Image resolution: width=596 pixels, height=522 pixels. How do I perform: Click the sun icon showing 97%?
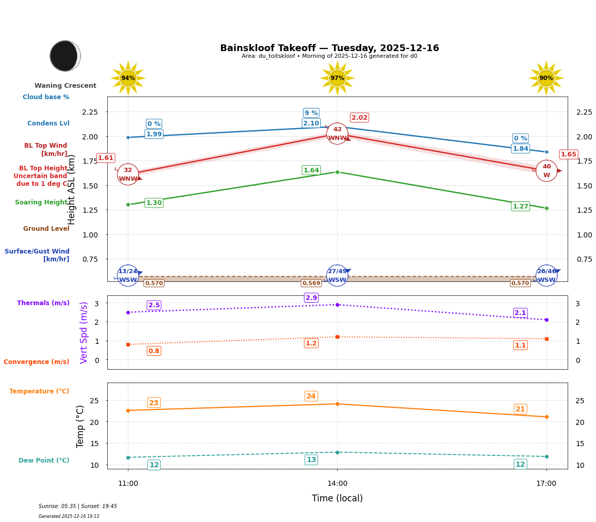337,78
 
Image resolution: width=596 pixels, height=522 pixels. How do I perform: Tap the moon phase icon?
65,56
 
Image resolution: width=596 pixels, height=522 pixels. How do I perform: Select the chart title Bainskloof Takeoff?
329,48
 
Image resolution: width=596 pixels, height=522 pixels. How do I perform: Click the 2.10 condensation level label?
311,123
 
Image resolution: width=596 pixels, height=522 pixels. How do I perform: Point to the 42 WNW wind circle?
337,134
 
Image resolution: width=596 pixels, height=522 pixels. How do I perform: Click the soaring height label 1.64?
311,170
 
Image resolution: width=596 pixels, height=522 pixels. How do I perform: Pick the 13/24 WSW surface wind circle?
128,275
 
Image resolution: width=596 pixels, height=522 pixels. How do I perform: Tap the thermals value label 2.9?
311,298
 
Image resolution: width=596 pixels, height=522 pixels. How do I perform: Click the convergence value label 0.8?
154,351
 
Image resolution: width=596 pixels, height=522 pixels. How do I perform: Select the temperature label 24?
311,397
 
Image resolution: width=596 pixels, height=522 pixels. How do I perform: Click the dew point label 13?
311,460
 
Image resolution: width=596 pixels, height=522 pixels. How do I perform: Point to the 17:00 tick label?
546,484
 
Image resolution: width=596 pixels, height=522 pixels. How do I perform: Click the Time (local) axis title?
337,498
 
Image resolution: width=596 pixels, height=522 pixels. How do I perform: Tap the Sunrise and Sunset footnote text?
78,507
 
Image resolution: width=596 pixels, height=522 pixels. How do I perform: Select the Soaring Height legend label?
41,202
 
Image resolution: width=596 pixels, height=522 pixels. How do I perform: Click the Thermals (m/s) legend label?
43,303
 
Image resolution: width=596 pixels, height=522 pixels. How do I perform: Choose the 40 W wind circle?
547,170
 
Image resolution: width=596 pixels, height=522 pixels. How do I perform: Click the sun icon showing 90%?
546,78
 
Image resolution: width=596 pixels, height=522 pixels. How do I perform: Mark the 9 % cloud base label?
311,113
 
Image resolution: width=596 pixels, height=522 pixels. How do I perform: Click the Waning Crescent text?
65,86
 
